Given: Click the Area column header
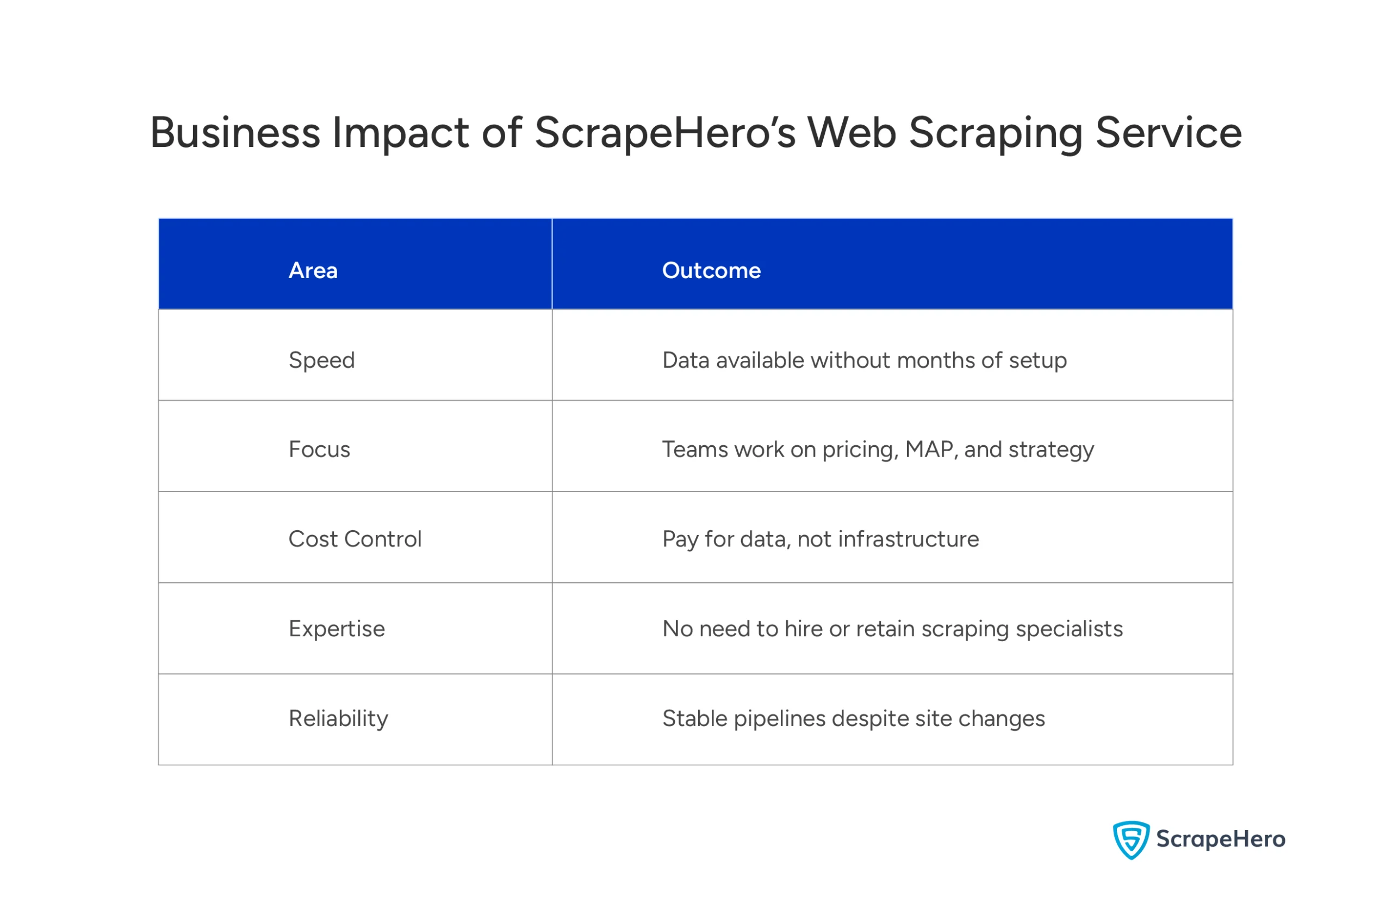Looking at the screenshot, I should click(313, 271).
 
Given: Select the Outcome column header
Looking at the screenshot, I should click(711, 271).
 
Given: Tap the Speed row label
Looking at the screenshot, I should click(322, 360).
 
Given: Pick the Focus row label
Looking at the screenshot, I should click(319, 450).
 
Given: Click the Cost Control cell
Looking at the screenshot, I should click(355, 539).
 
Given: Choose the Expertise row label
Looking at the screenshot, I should click(337, 629).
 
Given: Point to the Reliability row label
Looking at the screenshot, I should click(338, 719).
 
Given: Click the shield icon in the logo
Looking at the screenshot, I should click(1130, 840).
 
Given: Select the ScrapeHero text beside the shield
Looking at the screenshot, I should click(1221, 839).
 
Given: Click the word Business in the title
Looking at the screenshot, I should click(235, 133).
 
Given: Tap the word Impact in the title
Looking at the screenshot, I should click(401, 134).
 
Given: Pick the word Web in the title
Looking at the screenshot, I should click(852, 133).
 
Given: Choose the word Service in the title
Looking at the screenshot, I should click(1168, 133).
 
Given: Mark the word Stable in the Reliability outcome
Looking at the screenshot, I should click(695, 719).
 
